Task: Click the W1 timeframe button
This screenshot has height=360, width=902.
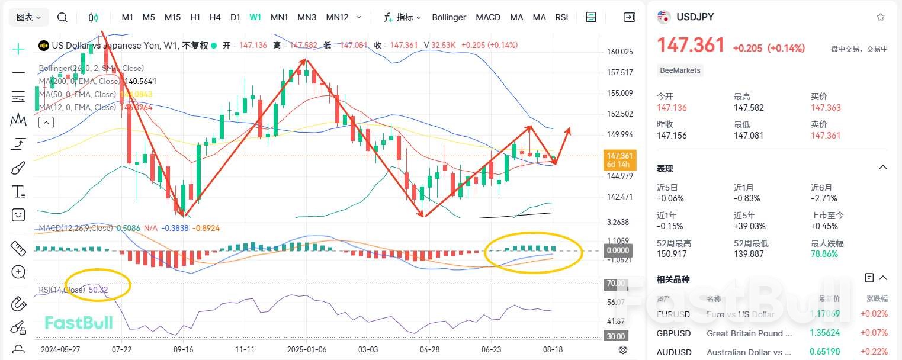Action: [255, 17]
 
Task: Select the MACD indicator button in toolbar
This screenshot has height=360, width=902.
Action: [488, 17]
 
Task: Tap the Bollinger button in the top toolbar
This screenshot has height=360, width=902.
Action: [449, 17]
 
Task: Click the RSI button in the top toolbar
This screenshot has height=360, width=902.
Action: [561, 17]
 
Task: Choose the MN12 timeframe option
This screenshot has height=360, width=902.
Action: [337, 17]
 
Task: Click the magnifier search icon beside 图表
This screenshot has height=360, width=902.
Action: [62, 17]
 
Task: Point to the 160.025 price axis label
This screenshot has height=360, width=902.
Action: [620, 52]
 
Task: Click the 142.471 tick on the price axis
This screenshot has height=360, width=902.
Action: [620, 197]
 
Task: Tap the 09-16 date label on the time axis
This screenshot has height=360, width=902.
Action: [184, 349]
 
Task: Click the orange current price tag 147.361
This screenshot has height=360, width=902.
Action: [619, 156]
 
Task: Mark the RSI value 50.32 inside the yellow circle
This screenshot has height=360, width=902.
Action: [98, 290]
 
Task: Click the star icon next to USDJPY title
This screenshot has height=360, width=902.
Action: [881, 17]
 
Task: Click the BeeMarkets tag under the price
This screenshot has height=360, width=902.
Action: [680, 70]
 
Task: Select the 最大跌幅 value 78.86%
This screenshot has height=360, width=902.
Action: [824, 254]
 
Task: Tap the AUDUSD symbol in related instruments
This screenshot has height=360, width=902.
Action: [674, 352]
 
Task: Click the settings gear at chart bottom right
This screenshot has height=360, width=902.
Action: [622, 350]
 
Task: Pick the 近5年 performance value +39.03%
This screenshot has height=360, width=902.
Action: [750, 226]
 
